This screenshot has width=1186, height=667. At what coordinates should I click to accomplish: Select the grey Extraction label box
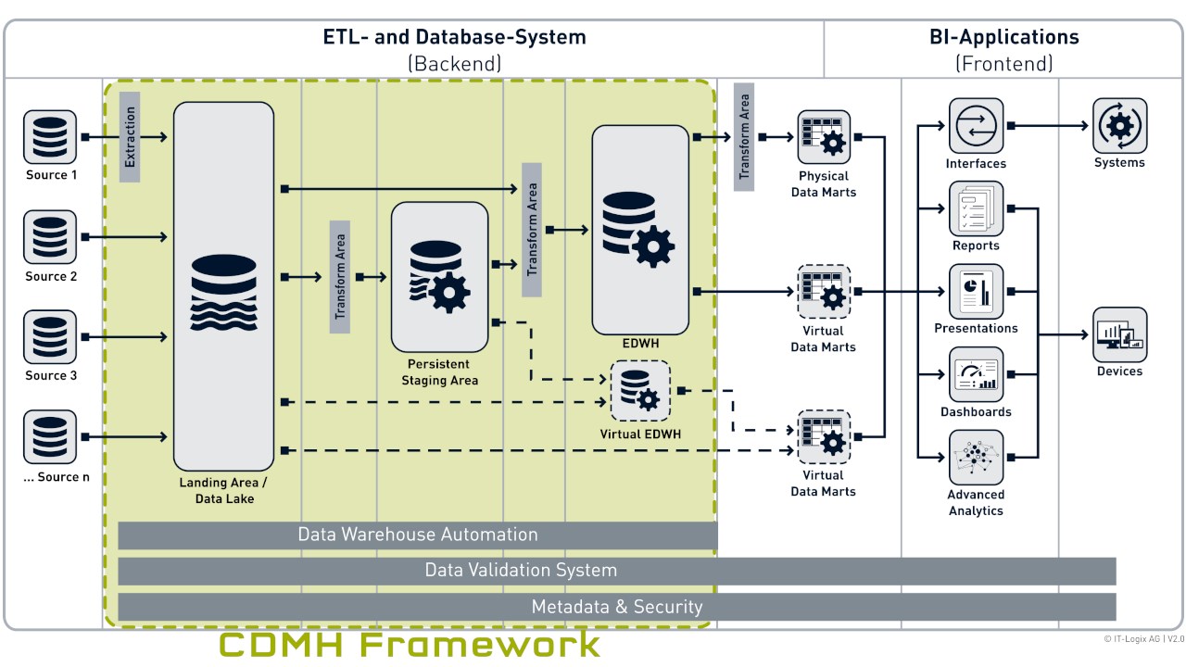click(x=130, y=136)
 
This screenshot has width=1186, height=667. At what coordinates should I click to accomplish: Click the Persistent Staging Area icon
click(x=439, y=276)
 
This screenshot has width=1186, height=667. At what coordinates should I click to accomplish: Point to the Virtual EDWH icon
click(x=639, y=391)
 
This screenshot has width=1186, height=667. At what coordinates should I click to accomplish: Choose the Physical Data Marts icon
click(x=824, y=137)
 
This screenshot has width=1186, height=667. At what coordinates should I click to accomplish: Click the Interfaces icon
click(x=976, y=126)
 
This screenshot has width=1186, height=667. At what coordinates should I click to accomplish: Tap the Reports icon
click(x=976, y=208)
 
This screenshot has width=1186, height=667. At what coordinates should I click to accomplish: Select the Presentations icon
click(x=976, y=291)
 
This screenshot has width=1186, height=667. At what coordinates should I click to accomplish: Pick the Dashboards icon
click(x=976, y=374)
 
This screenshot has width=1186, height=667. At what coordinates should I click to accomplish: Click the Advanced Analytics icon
click(x=976, y=457)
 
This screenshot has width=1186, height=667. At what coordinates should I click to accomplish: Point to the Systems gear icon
click(x=1119, y=126)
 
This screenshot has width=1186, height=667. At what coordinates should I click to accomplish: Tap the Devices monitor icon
click(x=1119, y=334)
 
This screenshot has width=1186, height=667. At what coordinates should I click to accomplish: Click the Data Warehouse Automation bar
click(x=418, y=535)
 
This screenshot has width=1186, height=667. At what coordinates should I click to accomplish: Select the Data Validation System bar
click(x=616, y=571)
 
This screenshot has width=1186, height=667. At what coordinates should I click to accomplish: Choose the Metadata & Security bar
click(x=616, y=607)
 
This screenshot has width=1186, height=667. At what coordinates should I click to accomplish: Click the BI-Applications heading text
click(x=1004, y=37)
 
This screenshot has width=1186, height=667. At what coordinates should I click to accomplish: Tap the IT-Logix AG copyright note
click(x=1143, y=639)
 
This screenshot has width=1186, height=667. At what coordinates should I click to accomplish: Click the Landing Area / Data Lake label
click(x=224, y=491)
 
